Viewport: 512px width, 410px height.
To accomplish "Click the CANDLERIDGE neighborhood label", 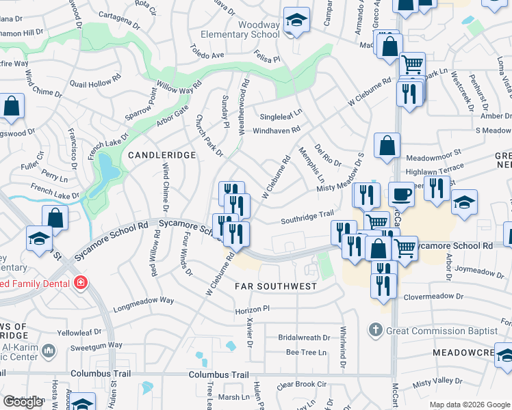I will (162, 156).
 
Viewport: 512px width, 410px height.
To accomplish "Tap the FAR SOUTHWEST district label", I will (276, 286).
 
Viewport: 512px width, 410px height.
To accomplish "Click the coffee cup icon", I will (401, 194).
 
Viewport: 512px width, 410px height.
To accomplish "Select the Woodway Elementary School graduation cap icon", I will (297, 21).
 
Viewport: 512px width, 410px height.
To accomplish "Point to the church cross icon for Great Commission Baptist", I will (374, 331).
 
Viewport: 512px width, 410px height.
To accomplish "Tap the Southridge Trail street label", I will (307, 219).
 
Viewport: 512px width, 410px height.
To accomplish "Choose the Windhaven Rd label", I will (277, 130).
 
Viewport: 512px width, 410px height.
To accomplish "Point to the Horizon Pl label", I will (254, 309).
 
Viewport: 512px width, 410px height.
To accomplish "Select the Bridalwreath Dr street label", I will (304, 338).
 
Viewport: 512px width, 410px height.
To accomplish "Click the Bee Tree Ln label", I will (306, 353).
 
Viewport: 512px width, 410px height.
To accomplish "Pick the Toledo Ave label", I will (207, 54).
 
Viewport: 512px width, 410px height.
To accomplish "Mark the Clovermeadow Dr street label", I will (433, 297).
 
